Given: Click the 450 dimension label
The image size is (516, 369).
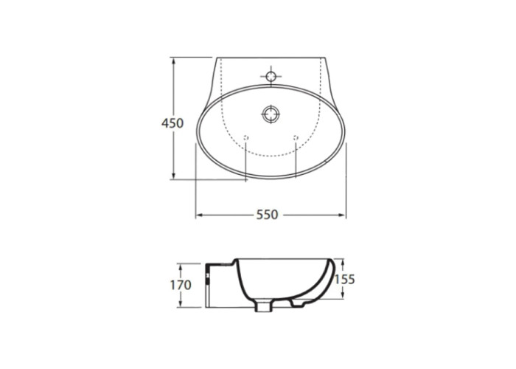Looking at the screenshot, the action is click(172, 123).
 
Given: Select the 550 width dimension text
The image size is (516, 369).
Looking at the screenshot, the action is click(267, 215).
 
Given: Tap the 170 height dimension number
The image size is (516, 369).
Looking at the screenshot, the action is click(181, 285).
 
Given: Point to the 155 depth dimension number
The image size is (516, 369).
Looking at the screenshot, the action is click(344, 280).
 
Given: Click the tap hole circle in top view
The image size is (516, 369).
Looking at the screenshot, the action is click(271, 77).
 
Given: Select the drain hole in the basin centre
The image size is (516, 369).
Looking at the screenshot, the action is click(271, 114).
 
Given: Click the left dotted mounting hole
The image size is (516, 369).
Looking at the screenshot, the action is click(245, 137).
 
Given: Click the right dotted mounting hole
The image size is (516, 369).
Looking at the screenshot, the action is click(296, 137).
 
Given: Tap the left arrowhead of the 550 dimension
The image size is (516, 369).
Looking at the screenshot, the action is click(199, 215).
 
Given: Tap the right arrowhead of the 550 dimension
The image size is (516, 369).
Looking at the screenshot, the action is click(342, 215).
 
